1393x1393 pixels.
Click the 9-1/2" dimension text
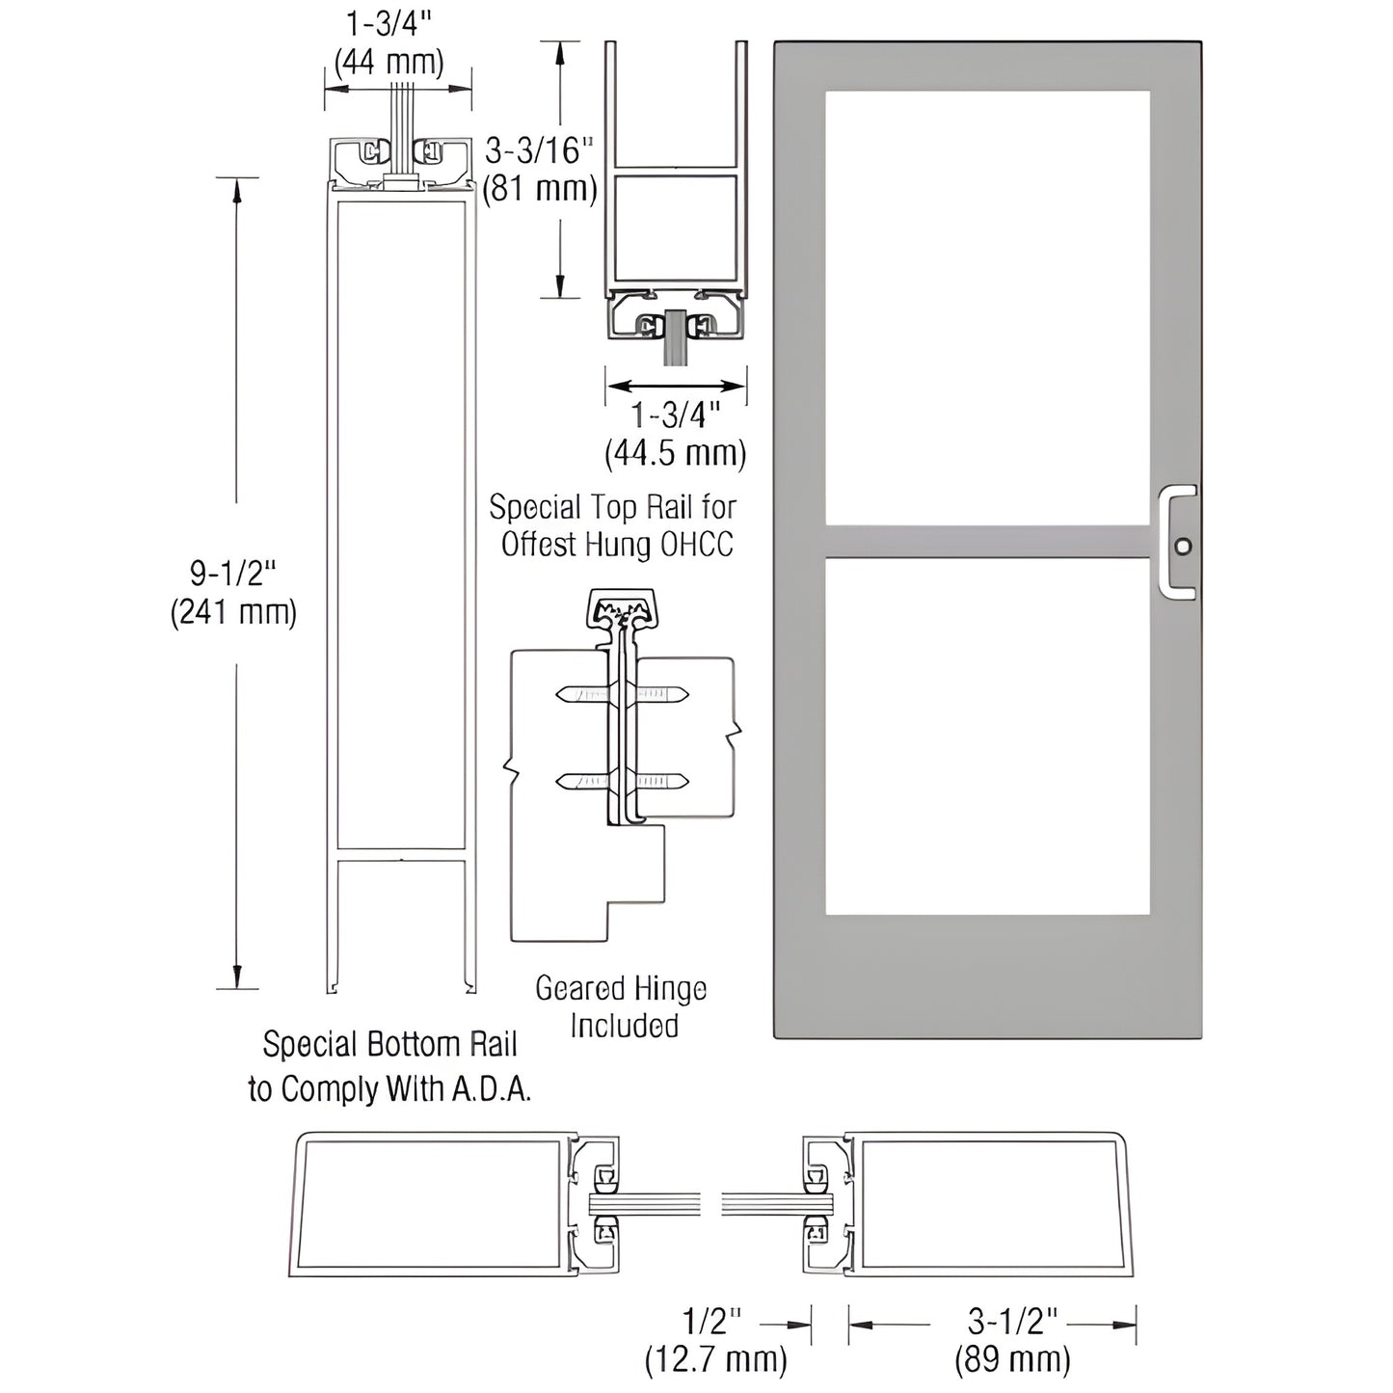tap(233, 575)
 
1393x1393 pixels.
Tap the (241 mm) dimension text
tap(233, 613)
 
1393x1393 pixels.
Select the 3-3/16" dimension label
tap(539, 150)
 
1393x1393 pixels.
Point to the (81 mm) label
tap(540, 188)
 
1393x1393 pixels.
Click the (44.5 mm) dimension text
tap(675, 453)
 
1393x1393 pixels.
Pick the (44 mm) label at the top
tap(389, 63)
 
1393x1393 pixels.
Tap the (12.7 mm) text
tap(715, 1359)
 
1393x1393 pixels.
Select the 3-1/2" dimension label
tap(1013, 1321)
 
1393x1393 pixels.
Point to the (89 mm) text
tap(1013, 1359)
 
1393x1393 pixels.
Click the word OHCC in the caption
tap(697, 545)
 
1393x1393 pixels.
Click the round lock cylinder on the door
tap(1183, 547)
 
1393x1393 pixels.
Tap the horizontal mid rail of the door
tap(987, 542)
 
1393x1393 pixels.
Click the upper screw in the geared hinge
tap(623, 694)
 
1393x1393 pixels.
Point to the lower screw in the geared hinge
tap(623, 781)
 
